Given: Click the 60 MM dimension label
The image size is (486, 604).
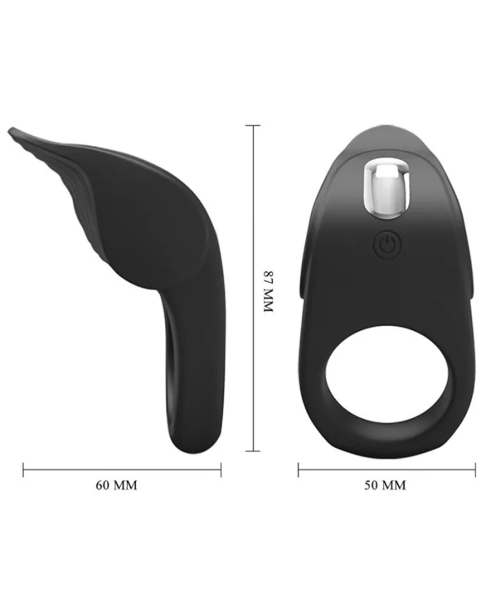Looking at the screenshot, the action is click(x=116, y=485).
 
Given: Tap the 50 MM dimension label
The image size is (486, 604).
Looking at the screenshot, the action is click(x=385, y=485).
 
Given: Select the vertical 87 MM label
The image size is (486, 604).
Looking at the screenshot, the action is click(x=268, y=292).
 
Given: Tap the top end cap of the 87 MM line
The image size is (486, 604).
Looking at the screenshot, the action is click(x=253, y=125).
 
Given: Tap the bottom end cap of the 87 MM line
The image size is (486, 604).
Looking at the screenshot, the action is click(x=253, y=450).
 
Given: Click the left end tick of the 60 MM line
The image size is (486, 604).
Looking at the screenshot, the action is click(x=23, y=470).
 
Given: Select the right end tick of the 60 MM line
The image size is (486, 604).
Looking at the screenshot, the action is click(x=221, y=470).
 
